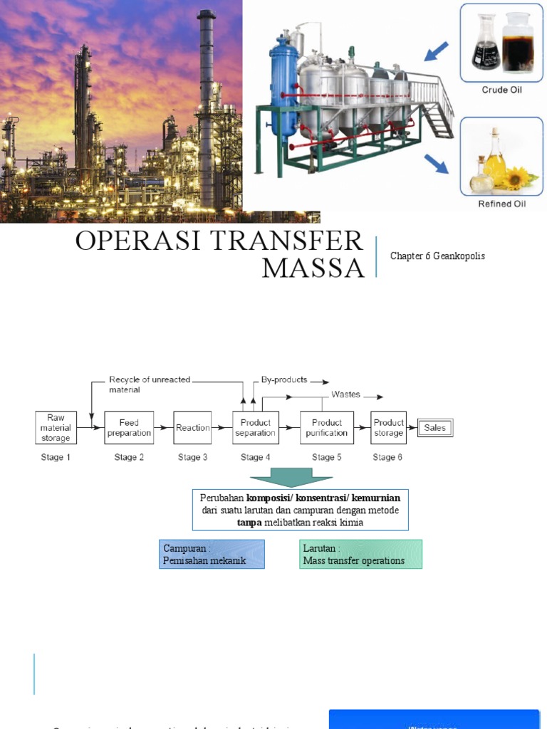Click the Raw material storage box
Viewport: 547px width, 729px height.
pos(56,428)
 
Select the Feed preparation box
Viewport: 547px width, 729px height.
pos(129,428)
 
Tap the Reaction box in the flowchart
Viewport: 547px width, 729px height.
pos(193,428)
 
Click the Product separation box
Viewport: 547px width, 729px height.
pos(255,428)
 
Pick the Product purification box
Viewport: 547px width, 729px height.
pos(327,428)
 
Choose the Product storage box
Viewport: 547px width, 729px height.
pos(388,428)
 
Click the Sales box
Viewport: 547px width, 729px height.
pos(434,428)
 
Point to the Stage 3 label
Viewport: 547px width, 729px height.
pos(193,457)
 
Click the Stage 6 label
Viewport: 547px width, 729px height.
pos(387,457)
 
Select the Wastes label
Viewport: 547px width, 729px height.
pos(345,394)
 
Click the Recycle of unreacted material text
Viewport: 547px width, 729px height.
pos(149,384)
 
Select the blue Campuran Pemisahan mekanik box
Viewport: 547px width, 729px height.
pos(212,554)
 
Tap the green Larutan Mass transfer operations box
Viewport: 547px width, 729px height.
pos(360,554)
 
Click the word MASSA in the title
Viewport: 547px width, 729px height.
pos(313,268)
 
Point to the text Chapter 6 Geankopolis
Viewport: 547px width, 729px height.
pos(437,256)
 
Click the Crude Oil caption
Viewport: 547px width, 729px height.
pos(504,90)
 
